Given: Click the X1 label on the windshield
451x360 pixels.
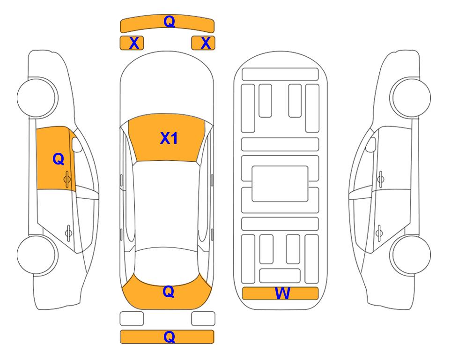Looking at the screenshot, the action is pyautogui.click(x=169, y=138).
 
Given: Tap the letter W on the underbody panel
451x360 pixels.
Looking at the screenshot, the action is pyautogui.click(x=282, y=293).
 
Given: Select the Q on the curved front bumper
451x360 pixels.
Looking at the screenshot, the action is pyautogui.click(x=169, y=21).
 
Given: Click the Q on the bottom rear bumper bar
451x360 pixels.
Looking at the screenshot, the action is pyautogui.click(x=169, y=337).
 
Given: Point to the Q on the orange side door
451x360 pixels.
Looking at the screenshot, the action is pyautogui.click(x=59, y=159).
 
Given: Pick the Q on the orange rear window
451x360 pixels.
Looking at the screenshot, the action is pyautogui.click(x=168, y=292).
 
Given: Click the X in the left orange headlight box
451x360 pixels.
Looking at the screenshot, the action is pyautogui.click(x=134, y=43).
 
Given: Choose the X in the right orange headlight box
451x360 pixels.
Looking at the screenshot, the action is pyautogui.click(x=206, y=43).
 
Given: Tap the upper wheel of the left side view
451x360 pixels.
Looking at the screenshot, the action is pyautogui.click(x=37, y=97).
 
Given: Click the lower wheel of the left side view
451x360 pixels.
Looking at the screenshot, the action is pyautogui.click(x=37, y=255).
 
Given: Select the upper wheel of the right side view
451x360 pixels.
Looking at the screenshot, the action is pyautogui.click(x=410, y=97).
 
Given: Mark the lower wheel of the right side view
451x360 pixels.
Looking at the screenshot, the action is pyautogui.click(x=411, y=255).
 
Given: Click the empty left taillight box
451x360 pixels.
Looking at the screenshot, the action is pyautogui.click(x=132, y=319).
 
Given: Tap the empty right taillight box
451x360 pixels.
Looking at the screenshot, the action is pyautogui.click(x=203, y=319).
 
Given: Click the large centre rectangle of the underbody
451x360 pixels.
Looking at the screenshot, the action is pyautogui.click(x=280, y=184).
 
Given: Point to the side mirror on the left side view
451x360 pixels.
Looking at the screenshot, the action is pyautogui.click(x=77, y=144).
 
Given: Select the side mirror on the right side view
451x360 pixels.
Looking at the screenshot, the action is pyautogui.click(x=370, y=144).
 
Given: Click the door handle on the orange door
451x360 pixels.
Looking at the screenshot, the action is pyautogui.click(x=67, y=179).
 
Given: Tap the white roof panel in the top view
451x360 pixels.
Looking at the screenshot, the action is pyautogui.click(x=167, y=204).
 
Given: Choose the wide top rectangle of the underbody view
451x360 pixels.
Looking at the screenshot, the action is pyautogui.click(x=280, y=75).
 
